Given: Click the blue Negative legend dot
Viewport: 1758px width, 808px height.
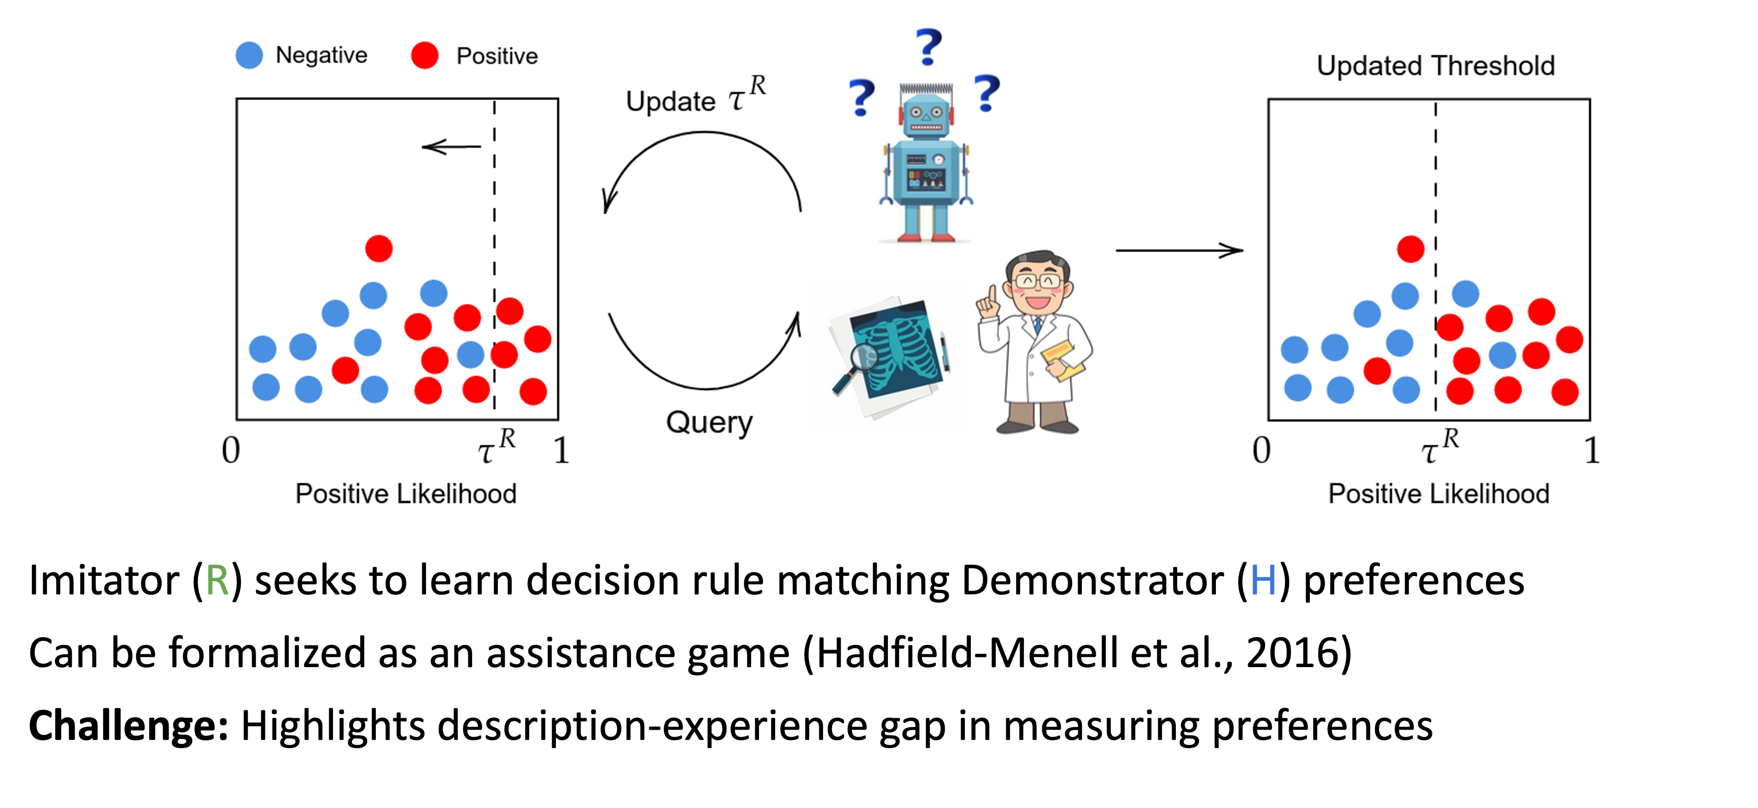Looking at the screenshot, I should (x=249, y=55).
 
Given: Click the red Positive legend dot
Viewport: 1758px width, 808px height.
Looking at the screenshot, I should (x=425, y=55).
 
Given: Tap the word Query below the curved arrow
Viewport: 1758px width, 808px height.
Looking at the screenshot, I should (x=709, y=423).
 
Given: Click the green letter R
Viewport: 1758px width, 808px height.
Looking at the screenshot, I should (x=217, y=581).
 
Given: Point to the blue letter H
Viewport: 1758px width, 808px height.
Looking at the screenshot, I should (x=1263, y=581).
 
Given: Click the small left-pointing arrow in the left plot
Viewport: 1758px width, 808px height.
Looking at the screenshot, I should (x=451, y=147).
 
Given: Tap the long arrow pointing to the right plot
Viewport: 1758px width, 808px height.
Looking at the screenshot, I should (x=1179, y=250).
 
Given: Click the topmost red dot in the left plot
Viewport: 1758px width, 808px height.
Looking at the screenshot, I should (x=379, y=249).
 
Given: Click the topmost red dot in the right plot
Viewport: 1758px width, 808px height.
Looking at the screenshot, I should (x=1411, y=249).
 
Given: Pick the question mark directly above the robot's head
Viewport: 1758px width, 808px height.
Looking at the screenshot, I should (x=928, y=47).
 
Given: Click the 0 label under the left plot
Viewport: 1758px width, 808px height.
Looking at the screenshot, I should (x=231, y=450).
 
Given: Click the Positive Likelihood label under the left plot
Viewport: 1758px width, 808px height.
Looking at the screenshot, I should (x=405, y=494).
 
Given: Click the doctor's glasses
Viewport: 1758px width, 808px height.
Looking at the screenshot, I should (x=1038, y=280).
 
